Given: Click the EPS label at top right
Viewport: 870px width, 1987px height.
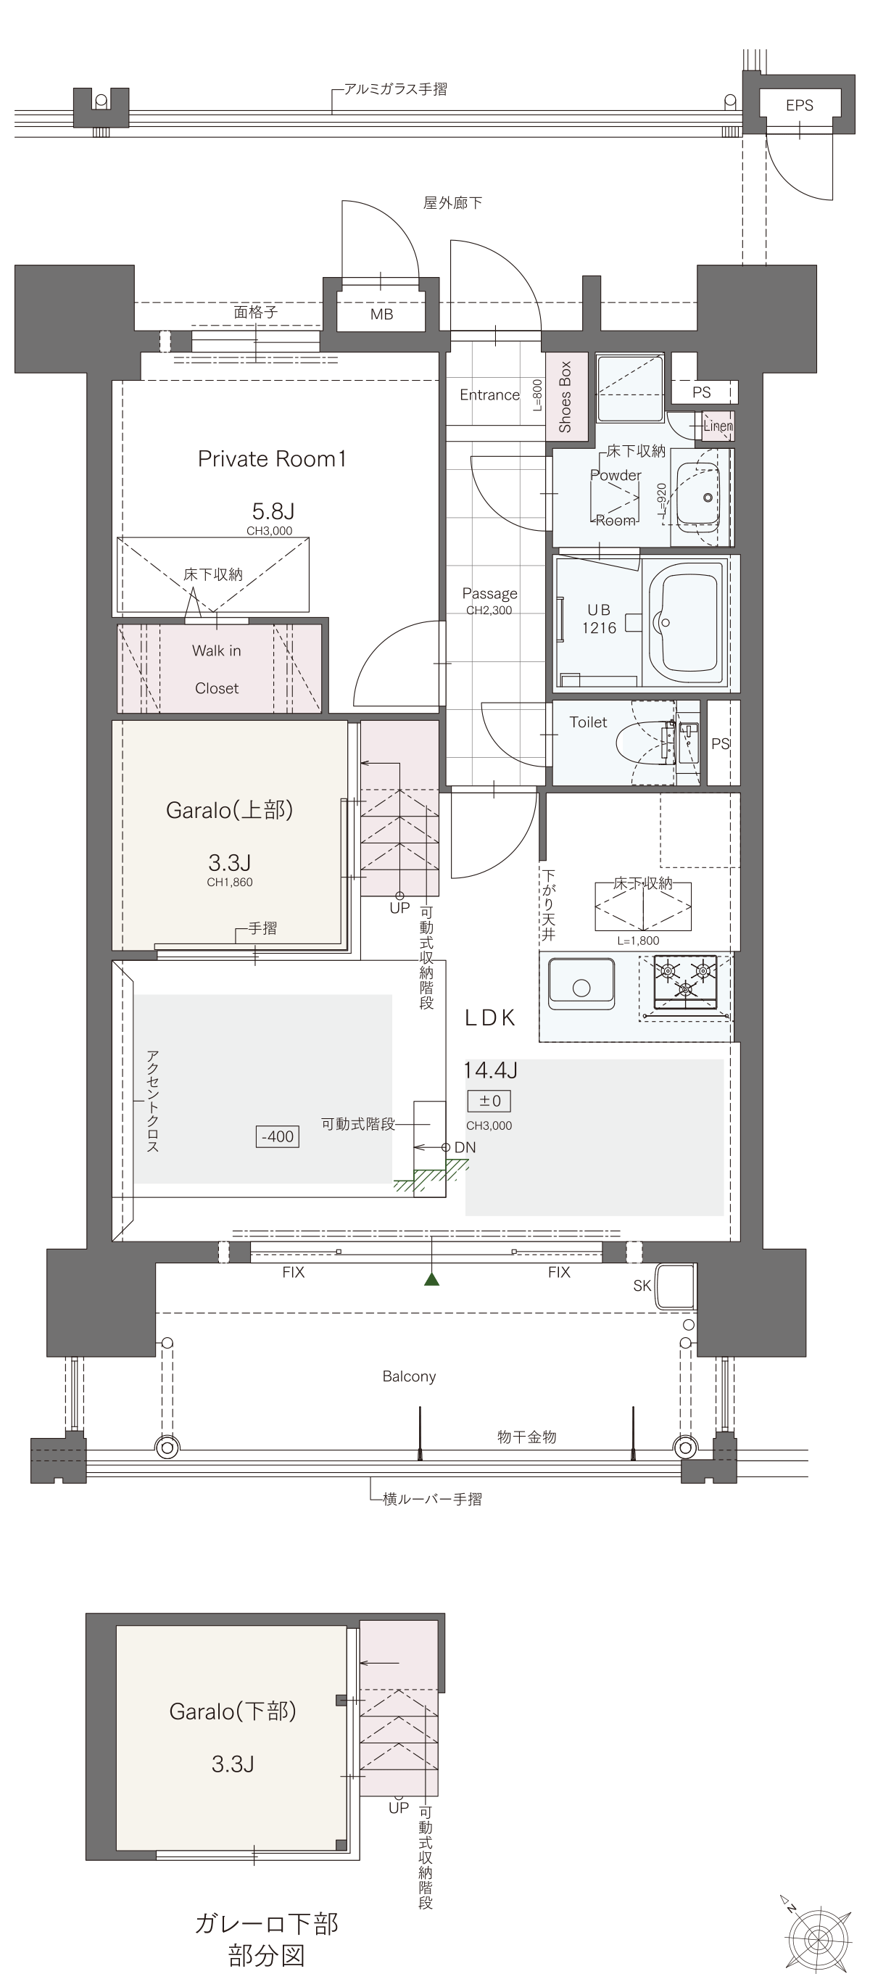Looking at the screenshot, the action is pyautogui.click(x=799, y=105).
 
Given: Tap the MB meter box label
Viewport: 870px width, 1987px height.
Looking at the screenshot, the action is pyautogui.click(x=382, y=314).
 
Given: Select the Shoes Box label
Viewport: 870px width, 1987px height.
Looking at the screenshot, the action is pyautogui.click(x=565, y=397).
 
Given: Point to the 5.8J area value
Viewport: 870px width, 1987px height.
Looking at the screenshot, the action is pyautogui.click(x=273, y=511).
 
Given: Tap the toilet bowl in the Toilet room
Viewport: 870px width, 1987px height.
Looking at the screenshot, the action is pyautogui.click(x=645, y=742).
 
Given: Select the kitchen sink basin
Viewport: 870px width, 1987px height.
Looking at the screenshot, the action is pyautogui.click(x=581, y=983).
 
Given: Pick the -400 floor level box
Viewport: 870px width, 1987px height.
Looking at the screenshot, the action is pyautogui.click(x=278, y=1136).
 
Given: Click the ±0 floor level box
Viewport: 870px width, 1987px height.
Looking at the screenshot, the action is pyautogui.click(x=490, y=1101).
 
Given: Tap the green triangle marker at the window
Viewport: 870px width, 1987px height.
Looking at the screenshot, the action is pyautogui.click(x=432, y=1280).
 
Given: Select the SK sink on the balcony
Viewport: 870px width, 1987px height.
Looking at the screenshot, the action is pyautogui.click(x=675, y=1286).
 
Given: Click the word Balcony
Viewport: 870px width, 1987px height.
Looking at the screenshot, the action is pyautogui.click(x=409, y=1376).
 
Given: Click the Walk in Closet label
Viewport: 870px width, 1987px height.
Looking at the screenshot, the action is pyautogui.click(x=217, y=669).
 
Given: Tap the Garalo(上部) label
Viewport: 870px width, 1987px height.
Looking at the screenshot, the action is pyautogui.click(x=229, y=810).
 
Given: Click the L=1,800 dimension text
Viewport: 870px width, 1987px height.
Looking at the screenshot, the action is pyautogui.click(x=638, y=941).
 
